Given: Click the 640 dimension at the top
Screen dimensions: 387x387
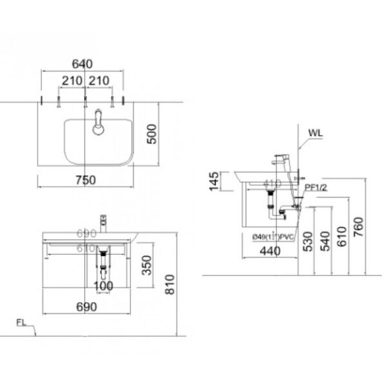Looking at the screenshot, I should click(x=83, y=64).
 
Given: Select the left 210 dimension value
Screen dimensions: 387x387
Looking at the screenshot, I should click(x=72, y=81).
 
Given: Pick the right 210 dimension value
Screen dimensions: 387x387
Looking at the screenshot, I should click(x=101, y=81).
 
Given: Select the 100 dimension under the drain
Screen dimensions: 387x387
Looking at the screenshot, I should click(x=103, y=285).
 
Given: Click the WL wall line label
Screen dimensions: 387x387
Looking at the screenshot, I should click(x=315, y=134).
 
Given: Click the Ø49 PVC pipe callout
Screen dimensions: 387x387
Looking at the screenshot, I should click(x=274, y=237).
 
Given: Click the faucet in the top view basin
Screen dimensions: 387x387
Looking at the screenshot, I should click(x=97, y=123).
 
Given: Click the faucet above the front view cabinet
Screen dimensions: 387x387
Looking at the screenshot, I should click(x=101, y=223).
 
